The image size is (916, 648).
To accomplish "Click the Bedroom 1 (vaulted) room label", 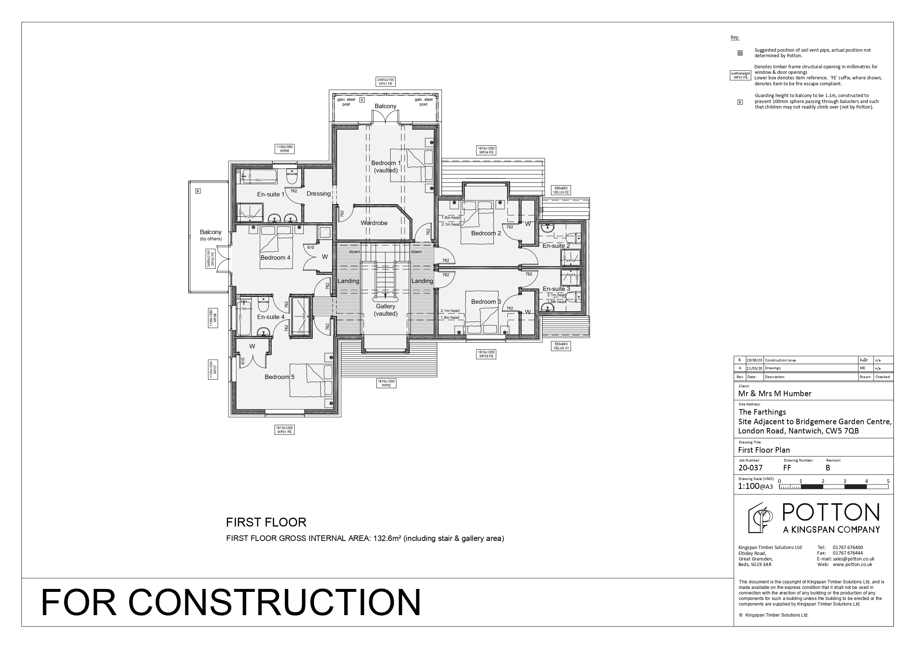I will coord(385,167).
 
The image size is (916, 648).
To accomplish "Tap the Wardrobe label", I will coord(374,223).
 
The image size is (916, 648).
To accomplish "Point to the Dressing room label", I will coord(318,193).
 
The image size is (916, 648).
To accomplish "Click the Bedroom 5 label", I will coord(279,377).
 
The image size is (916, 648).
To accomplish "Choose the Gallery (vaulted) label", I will coord(385,310).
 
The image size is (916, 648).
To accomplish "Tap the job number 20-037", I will coord(750,468).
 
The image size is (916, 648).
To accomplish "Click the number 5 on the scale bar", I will coord(888,481).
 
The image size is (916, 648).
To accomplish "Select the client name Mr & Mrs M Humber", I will coord(774,394).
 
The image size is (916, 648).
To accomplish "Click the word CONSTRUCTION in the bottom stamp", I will coord(275,602).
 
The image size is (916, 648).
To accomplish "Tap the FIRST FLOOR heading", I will coord(266,522).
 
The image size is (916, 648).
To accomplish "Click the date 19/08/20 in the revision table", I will coord(754,360).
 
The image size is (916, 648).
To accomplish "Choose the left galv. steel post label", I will coord(346,102).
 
